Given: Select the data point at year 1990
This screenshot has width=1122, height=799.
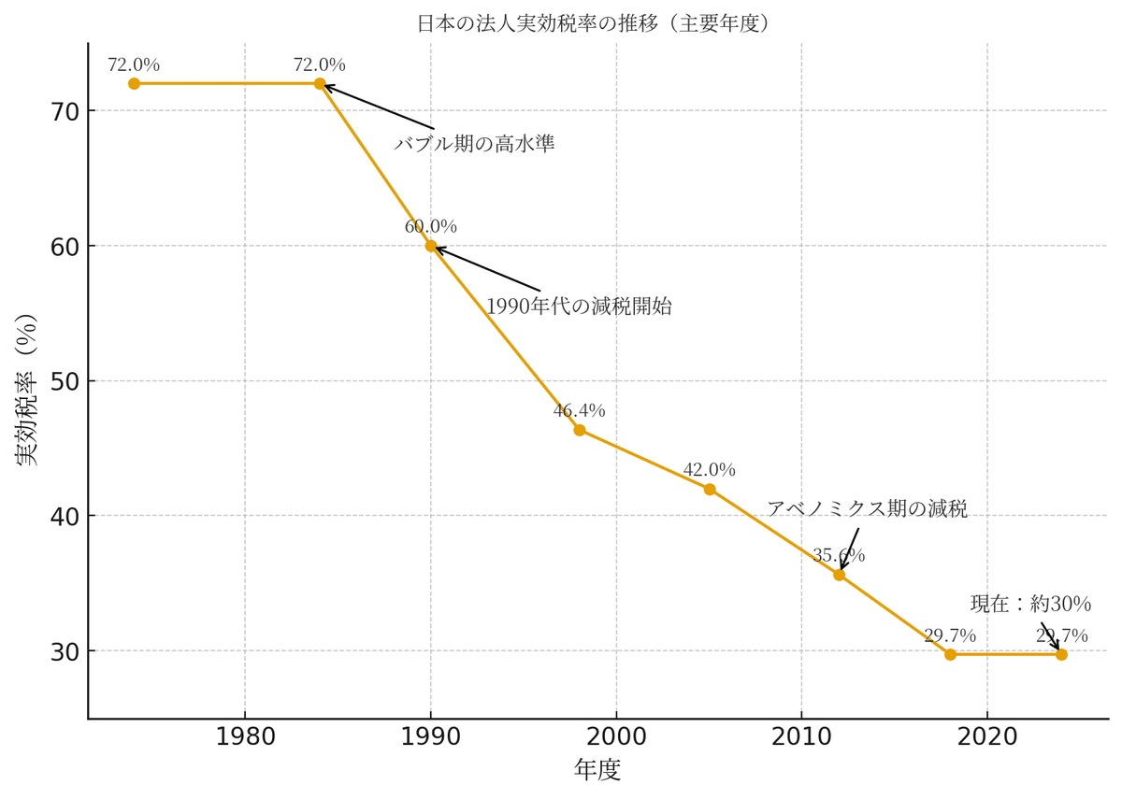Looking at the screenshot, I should click(431, 246).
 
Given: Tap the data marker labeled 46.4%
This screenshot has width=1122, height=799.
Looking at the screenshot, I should click(580, 430).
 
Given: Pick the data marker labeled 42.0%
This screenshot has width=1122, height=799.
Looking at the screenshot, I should click(710, 489).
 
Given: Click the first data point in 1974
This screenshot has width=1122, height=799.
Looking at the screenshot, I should click(134, 83).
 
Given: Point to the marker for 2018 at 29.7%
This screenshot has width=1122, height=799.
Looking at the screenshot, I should click(950, 654).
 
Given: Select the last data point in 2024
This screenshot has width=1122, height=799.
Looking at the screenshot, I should click(1061, 654).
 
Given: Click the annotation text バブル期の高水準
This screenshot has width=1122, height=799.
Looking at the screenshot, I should click(474, 144).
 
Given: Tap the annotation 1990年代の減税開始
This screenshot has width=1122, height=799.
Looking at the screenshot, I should click(578, 307).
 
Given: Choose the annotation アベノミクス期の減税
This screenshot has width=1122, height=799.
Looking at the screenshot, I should click(867, 508).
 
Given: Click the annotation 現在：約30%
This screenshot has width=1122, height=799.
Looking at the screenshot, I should click(1030, 604).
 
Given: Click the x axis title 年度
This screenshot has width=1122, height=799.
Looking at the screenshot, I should click(597, 770).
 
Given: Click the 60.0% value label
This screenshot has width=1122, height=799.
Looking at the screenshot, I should click(430, 226).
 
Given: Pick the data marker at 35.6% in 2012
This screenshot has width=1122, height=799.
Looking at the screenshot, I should click(839, 575).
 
